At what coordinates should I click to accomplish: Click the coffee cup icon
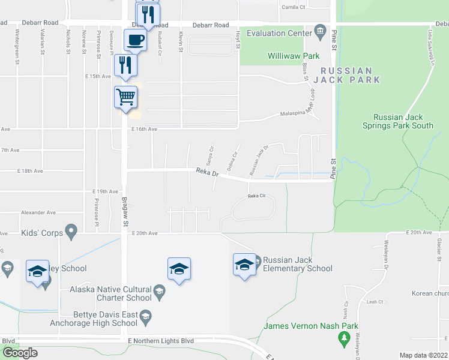tap(134, 40)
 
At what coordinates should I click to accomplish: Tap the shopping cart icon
tap(126, 97)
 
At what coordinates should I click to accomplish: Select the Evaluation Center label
tap(279, 34)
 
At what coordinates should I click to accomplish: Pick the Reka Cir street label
tap(257, 196)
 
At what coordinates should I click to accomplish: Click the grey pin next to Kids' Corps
tap(71, 230)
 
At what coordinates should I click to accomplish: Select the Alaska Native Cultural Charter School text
tap(110, 293)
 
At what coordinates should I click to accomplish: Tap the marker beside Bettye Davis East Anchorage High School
tap(144, 316)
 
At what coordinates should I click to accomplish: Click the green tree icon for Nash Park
tap(345, 340)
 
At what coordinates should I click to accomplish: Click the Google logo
tap(20, 353)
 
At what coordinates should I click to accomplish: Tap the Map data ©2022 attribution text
tap(423, 355)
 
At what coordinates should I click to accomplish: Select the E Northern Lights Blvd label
tap(161, 341)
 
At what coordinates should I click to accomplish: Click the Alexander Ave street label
tap(38, 212)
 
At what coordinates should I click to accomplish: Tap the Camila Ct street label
tap(294, 7)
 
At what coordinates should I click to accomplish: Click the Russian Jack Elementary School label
tap(298, 264)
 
